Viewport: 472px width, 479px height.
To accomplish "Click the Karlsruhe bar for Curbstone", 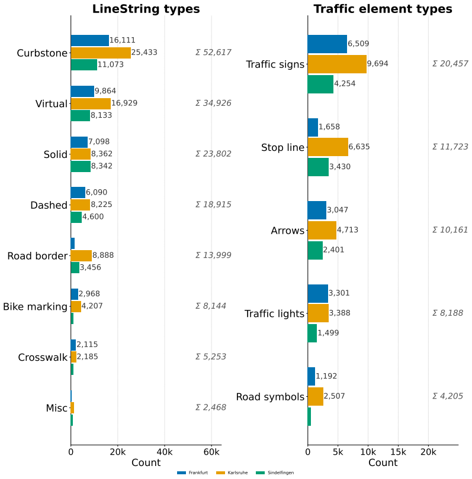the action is click(x=101, y=53).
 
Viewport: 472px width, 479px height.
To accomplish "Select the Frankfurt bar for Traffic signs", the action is click(x=327, y=44).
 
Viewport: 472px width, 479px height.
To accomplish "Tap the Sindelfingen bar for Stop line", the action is click(x=318, y=167).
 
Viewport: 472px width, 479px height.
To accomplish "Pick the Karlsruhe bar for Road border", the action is click(x=81, y=255).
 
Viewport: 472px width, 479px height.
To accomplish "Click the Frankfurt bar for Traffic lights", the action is click(x=318, y=293).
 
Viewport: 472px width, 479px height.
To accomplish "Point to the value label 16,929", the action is click(x=124, y=103).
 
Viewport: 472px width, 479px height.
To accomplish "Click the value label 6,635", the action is click(x=359, y=147).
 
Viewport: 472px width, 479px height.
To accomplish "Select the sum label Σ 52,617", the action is click(x=214, y=52).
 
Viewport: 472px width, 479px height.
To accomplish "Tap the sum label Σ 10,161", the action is click(x=450, y=229).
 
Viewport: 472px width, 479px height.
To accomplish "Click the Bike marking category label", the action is click(x=35, y=306).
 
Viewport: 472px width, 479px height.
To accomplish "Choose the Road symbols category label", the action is click(x=270, y=397).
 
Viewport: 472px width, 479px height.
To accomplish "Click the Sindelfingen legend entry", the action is click(x=275, y=472).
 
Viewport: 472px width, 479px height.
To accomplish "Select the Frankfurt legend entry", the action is click(x=192, y=472).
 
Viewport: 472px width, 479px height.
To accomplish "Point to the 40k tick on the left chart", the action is click(x=165, y=452).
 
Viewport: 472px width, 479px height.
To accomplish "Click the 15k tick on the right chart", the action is click(x=399, y=452).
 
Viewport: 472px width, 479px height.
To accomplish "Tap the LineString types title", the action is click(x=146, y=9).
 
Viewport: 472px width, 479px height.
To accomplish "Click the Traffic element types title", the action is click(x=383, y=9).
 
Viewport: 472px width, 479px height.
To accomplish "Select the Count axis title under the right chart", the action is click(x=383, y=462).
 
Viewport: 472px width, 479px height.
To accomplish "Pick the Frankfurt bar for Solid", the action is click(x=79, y=142).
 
